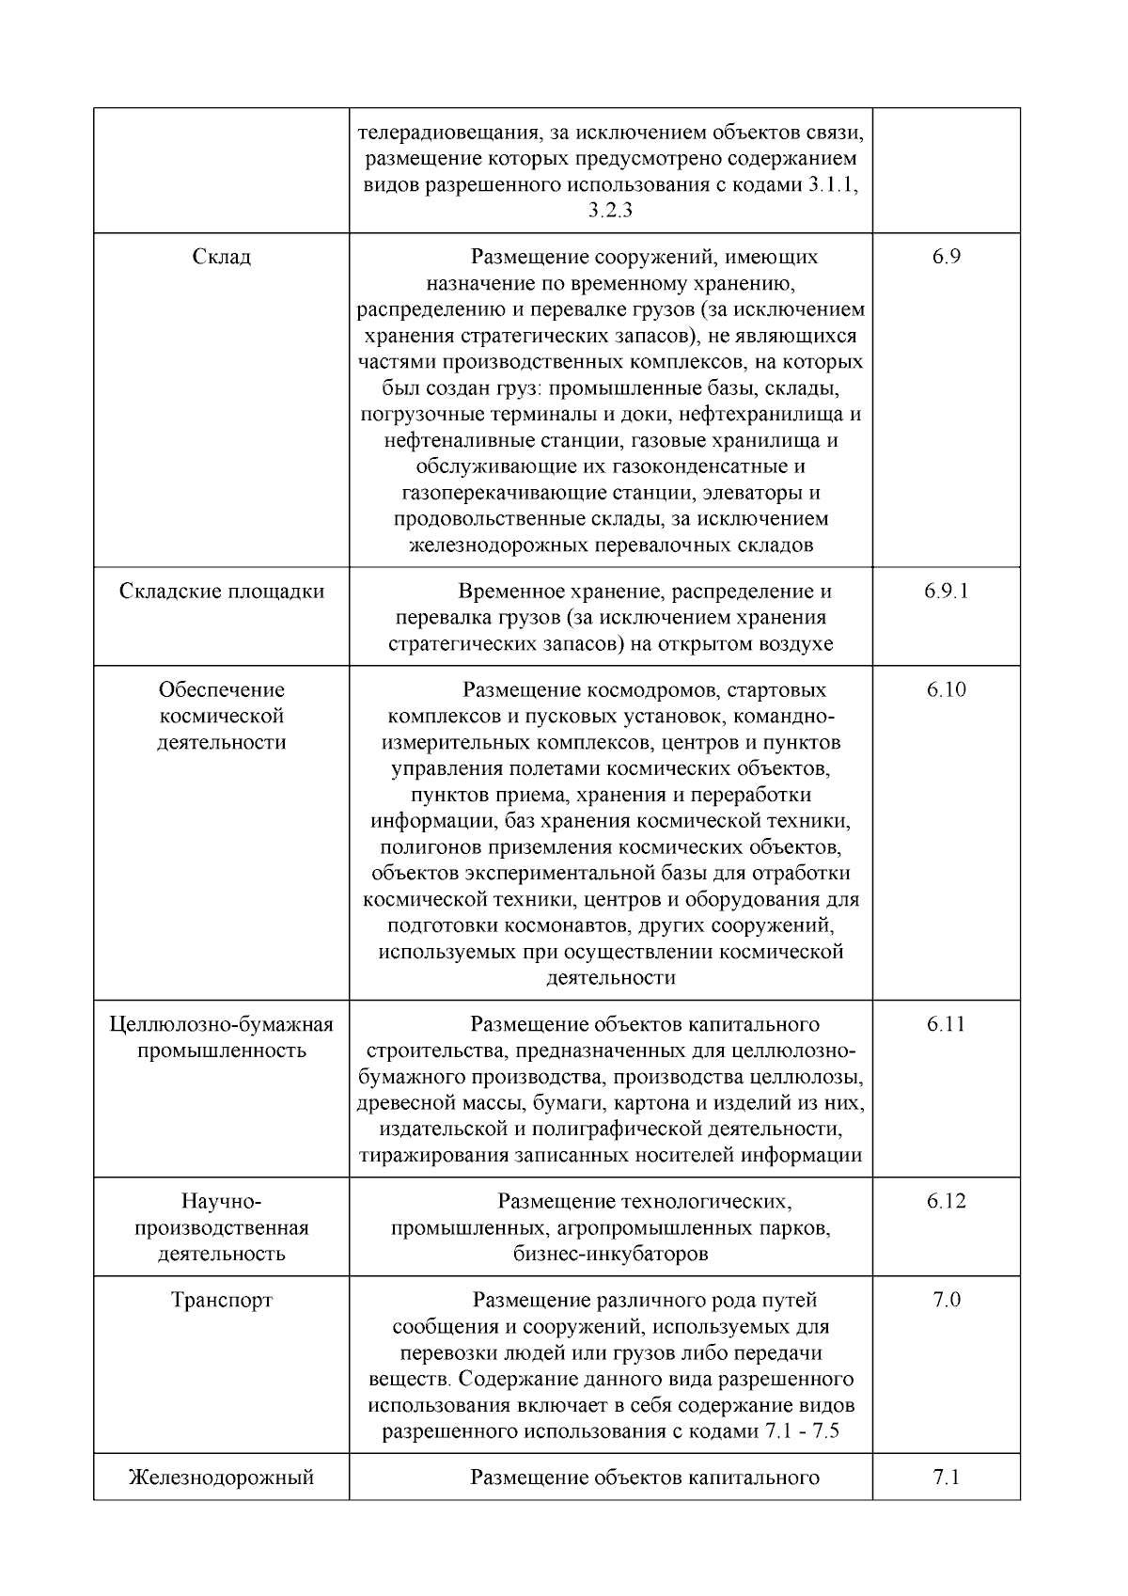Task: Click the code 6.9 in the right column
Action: (946, 257)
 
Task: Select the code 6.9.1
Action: (946, 592)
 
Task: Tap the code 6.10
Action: (946, 690)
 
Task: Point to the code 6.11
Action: (946, 1024)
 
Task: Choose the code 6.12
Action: (946, 1202)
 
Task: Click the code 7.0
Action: (946, 1301)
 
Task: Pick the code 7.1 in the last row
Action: (946, 1477)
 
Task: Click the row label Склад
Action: (221, 257)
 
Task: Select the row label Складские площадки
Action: (221, 592)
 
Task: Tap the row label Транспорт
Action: (221, 1301)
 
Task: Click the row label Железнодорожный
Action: (221, 1477)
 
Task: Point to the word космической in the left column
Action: (221, 717)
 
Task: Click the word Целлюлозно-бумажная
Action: (221, 1024)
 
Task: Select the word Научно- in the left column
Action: (221, 1202)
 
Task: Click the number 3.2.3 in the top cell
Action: (610, 211)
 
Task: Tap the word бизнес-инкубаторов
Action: (610, 1255)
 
